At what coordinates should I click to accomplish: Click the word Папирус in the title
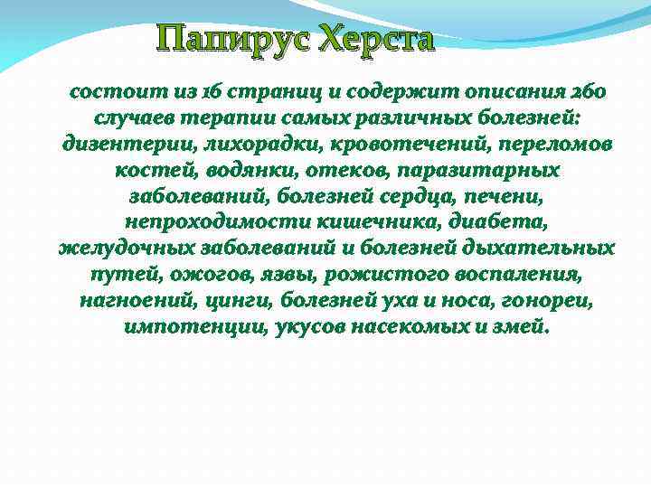tap(233, 40)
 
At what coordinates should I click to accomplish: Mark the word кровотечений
tap(365, 144)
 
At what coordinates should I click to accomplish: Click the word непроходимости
tap(207, 221)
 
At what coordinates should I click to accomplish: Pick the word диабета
tap(484, 221)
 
